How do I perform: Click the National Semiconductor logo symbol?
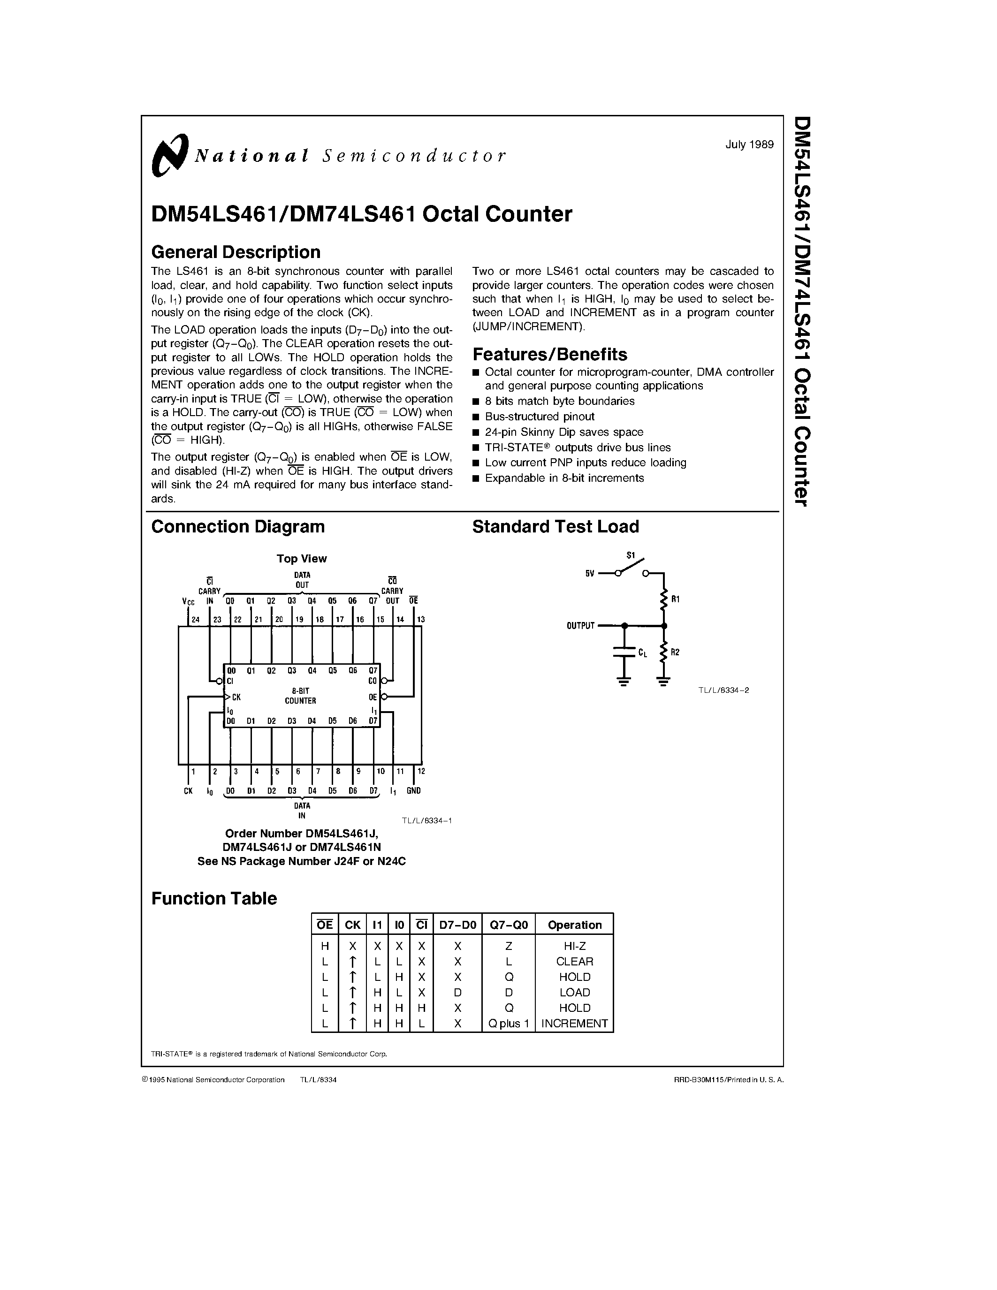click(169, 155)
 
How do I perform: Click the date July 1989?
click(749, 144)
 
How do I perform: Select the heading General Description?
click(236, 252)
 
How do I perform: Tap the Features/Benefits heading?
click(549, 354)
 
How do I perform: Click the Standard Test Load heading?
click(555, 526)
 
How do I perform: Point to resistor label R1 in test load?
click(676, 599)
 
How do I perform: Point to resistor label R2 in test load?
click(676, 652)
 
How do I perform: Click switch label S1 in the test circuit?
click(630, 555)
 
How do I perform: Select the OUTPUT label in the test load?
click(580, 625)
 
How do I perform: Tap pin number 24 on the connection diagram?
click(196, 620)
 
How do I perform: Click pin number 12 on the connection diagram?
click(421, 771)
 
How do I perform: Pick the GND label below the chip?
click(413, 790)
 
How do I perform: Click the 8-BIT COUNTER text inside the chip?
click(301, 696)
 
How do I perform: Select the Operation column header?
click(574, 925)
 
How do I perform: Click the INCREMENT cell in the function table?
click(574, 1023)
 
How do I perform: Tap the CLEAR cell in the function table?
click(574, 962)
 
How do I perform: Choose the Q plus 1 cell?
click(509, 1023)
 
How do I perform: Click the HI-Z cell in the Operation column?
click(574, 946)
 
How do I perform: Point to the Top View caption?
click(301, 559)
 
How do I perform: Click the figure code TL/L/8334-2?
click(723, 690)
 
